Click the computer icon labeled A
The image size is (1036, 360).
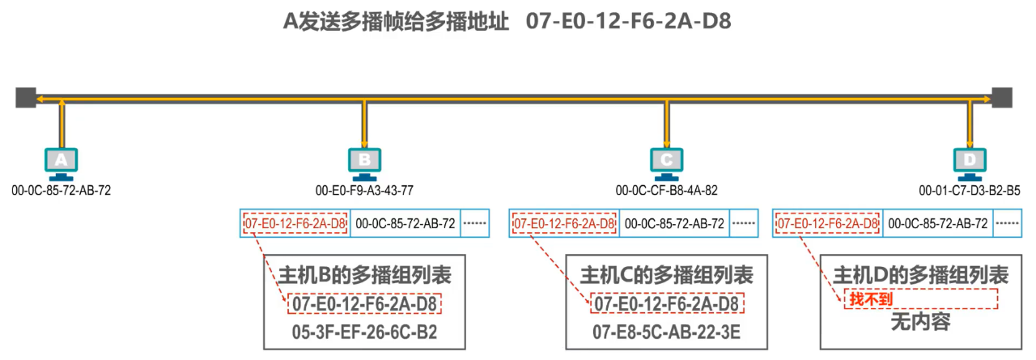pos(61,161)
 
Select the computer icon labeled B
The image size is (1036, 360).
pos(364,161)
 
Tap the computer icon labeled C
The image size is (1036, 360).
pos(666,161)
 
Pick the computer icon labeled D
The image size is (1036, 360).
pos(969,161)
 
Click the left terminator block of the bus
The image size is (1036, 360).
pos(25,97)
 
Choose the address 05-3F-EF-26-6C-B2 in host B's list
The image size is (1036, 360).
pos(364,331)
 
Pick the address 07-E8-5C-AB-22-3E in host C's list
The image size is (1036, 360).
pos(666,331)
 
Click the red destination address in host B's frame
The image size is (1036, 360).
pos(295,223)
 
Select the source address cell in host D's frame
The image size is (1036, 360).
pos(937,223)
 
